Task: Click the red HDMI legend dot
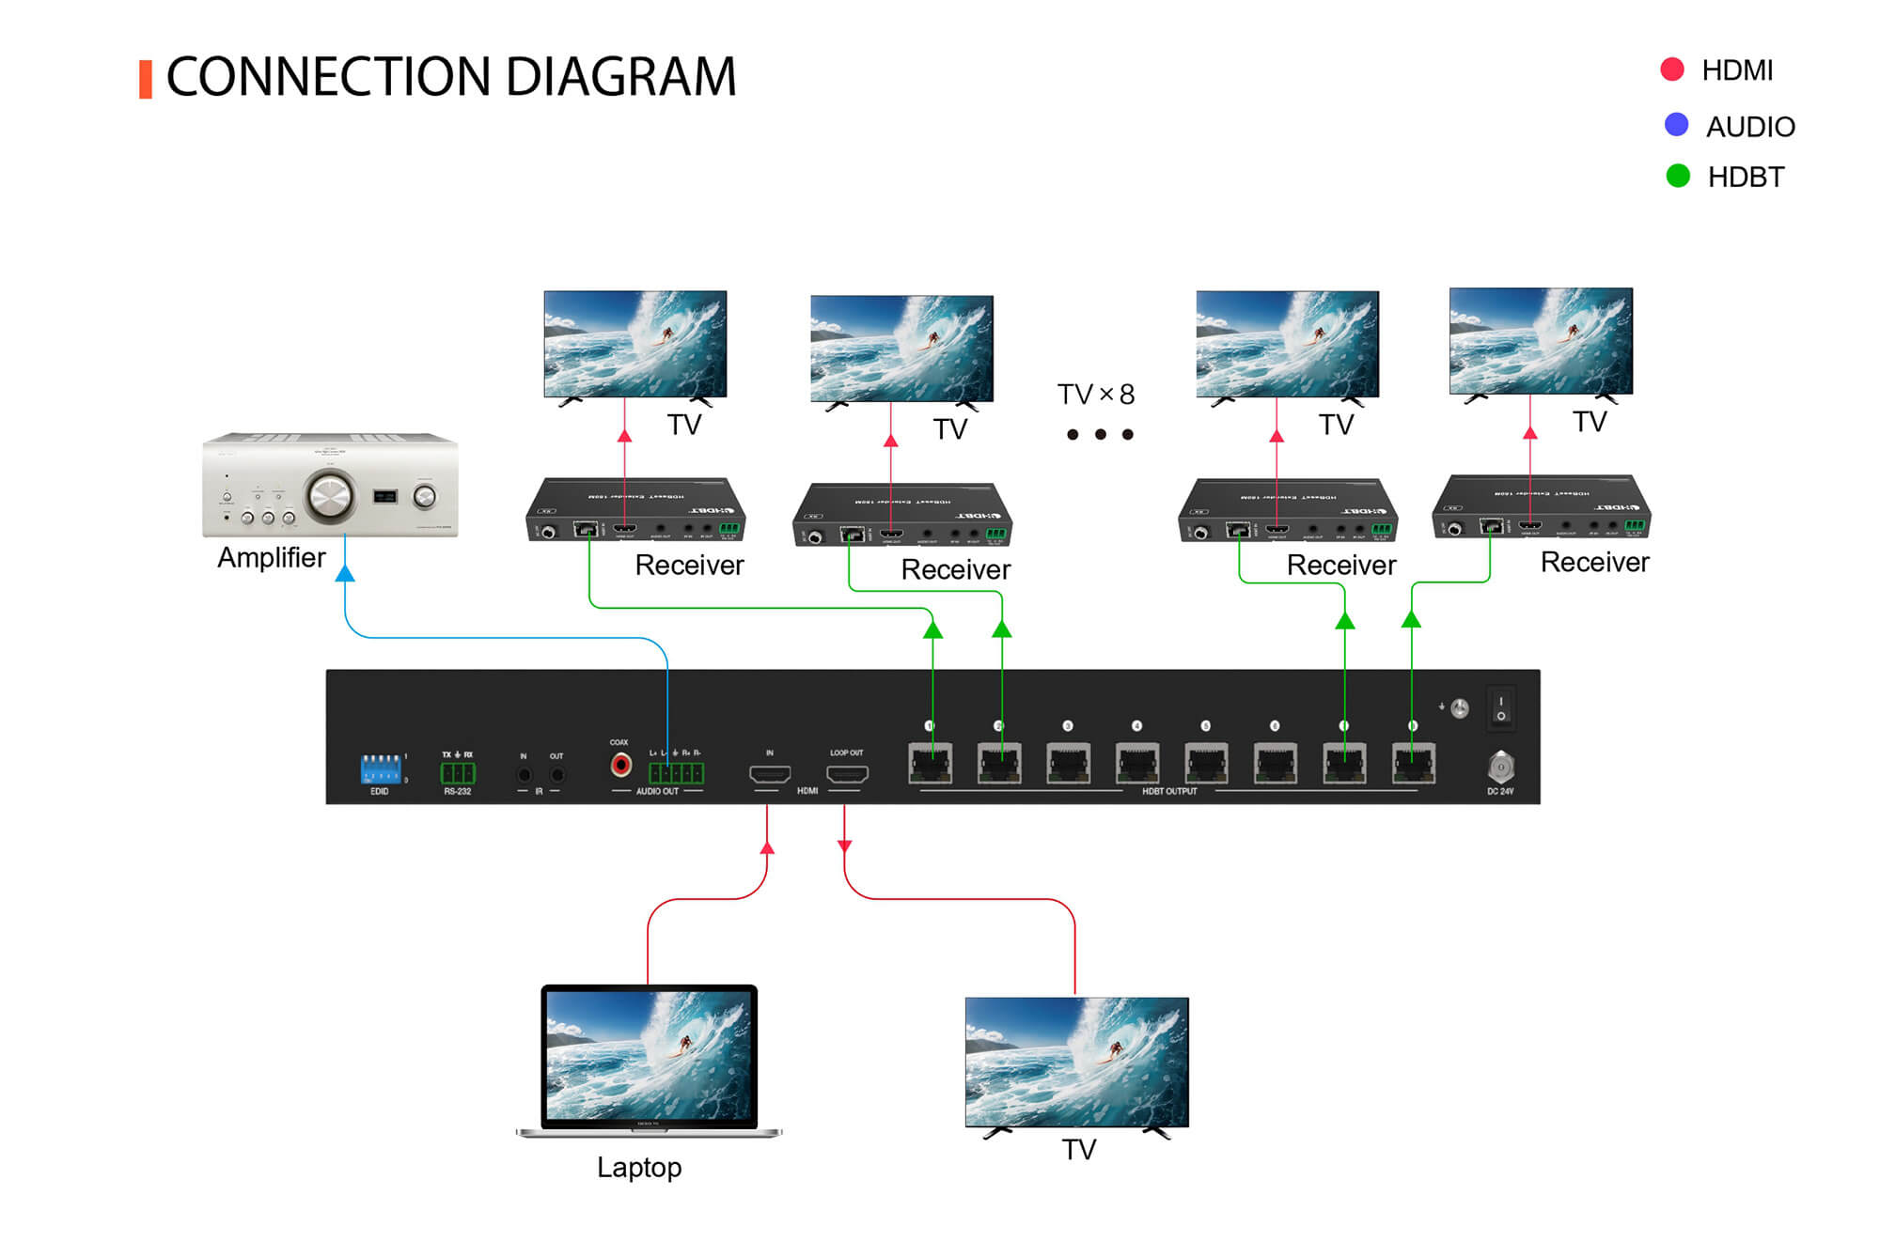[1671, 70]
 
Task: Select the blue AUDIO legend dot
[1676, 125]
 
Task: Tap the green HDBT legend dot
[1677, 176]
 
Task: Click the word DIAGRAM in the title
[620, 77]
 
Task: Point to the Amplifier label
[271, 557]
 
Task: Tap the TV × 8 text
[1095, 395]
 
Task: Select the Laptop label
[639, 1168]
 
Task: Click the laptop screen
[649, 1055]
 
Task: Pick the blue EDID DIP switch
[381, 768]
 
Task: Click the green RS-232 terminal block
[458, 773]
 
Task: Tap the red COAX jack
[620, 766]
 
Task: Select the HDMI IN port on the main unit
[769, 774]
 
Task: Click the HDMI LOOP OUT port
[846, 774]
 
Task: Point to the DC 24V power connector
[1500, 768]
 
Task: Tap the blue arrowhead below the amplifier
[345, 573]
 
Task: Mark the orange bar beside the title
[146, 79]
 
